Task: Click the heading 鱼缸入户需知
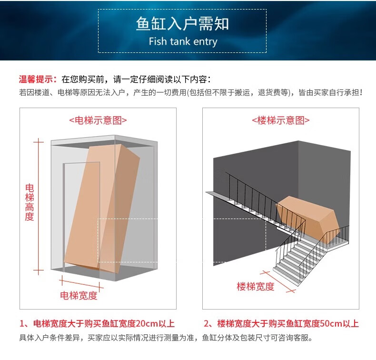(x=182, y=24)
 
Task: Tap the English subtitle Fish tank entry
(x=182, y=41)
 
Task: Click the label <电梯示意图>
(x=98, y=120)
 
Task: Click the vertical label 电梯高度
(x=30, y=202)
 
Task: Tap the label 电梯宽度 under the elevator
(x=79, y=295)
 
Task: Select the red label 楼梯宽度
(x=256, y=286)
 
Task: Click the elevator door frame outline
(x=65, y=214)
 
